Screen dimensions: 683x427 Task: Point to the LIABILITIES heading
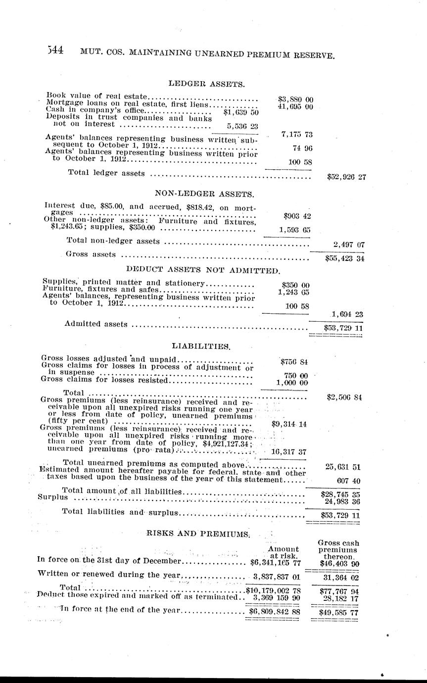(x=200, y=345)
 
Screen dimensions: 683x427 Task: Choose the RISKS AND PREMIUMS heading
(x=198, y=533)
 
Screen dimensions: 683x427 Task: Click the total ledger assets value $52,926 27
(x=346, y=176)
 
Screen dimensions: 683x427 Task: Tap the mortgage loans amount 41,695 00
(x=295, y=106)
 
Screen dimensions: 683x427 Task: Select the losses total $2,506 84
(x=345, y=397)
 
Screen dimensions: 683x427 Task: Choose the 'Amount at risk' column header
(x=283, y=552)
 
